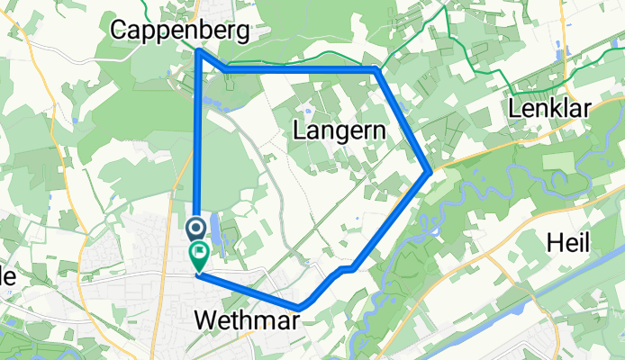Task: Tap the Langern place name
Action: (340, 131)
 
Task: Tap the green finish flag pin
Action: (198, 256)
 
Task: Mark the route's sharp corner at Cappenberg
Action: (198, 51)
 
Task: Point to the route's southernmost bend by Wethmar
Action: (299, 308)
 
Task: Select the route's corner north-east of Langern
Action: (375, 68)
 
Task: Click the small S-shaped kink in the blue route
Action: (343, 269)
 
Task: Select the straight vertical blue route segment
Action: (197, 135)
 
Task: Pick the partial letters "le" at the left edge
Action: (7, 277)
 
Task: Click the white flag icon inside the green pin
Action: (198, 253)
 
